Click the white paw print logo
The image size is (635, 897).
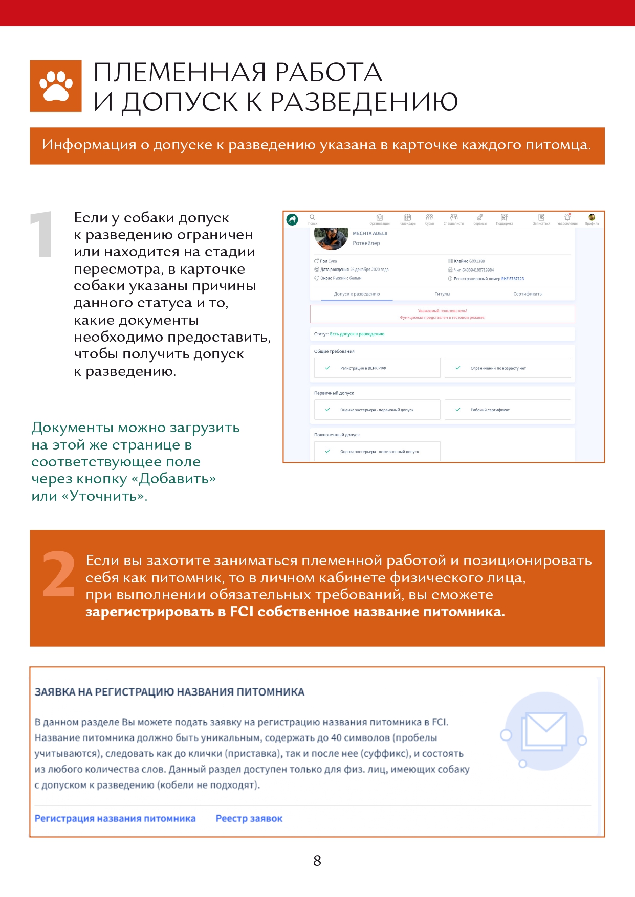click(x=56, y=86)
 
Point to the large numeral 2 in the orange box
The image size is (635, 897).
click(x=59, y=574)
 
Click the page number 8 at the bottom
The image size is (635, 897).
click(x=317, y=861)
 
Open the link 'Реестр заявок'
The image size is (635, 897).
click(x=249, y=818)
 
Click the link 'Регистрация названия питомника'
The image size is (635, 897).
click(x=115, y=818)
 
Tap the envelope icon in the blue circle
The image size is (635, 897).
click(x=544, y=731)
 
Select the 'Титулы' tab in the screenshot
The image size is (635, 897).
click(x=442, y=294)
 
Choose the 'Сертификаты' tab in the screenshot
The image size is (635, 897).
click(x=528, y=294)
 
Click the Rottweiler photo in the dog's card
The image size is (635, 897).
click(x=331, y=238)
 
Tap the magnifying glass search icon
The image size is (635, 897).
click(x=312, y=217)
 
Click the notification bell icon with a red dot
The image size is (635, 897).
click(x=567, y=217)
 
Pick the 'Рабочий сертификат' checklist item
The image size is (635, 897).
click(x=490, y=410)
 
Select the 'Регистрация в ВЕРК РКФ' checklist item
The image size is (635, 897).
click(x=363, y=368)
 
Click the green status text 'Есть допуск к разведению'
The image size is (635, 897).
click(x=357, y=334)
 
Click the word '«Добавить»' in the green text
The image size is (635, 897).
click(x=178, y=479)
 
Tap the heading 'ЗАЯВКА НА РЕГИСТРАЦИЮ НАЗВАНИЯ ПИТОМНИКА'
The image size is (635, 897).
click(x=169, y=692)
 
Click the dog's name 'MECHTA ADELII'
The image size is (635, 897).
click(x=370, y=234)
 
